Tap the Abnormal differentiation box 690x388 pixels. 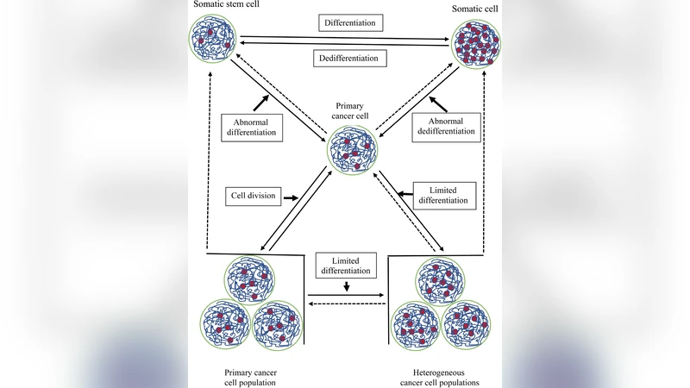click(x=250, y=128)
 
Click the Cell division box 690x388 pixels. click(x=253, y=196)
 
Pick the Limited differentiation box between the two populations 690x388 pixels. click(x=344, y=265)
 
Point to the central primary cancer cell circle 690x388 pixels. click(x=352, y=151)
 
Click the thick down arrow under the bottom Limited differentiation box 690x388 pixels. click(x=345, y=286)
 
